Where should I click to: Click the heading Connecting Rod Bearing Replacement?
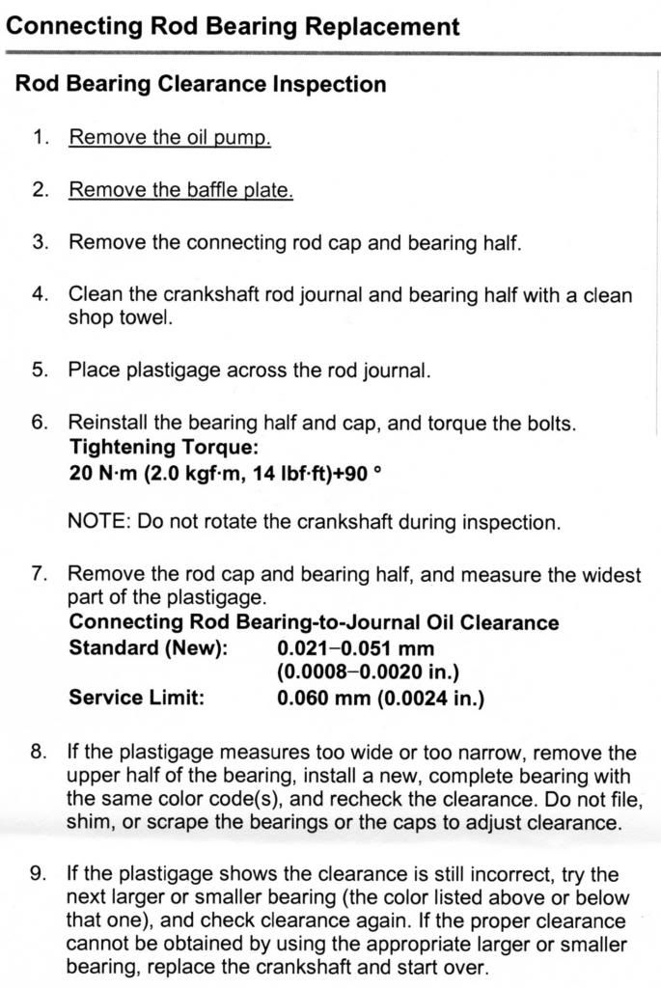pos(233,25)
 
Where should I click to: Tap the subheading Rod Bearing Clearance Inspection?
pos(201,84)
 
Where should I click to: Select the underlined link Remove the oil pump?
pos(169,137)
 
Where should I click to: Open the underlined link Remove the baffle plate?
pos(180,189)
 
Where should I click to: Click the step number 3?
pos(40,241)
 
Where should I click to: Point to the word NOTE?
pos(99,523)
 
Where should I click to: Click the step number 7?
pos(40,575)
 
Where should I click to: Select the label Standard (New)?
pos(148,647)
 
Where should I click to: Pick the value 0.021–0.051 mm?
pos(355,647)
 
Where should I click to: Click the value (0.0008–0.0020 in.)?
pos(368,672)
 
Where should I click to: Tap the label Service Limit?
pos(136,697)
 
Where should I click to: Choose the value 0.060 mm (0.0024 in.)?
pos(380,697)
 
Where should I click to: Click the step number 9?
pos(40,874)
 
